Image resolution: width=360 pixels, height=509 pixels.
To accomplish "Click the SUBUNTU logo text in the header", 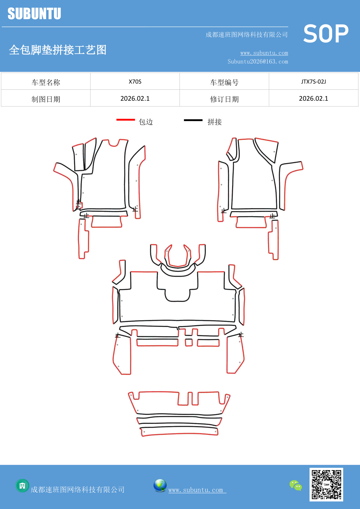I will (34, 14).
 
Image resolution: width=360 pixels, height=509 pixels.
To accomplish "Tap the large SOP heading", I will (326, 34).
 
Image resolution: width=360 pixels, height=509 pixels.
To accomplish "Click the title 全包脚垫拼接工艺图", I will (58, 50).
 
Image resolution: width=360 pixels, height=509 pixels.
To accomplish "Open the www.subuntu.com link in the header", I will (264, 53).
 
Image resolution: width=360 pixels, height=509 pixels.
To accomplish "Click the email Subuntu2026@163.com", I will (258, 62).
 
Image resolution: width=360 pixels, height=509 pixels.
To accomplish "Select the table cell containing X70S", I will (135, 82).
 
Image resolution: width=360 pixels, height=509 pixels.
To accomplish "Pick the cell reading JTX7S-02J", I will (313, 82).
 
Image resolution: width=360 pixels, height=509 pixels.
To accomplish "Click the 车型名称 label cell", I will (46, 82).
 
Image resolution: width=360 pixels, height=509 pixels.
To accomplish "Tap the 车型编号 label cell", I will (224, 82).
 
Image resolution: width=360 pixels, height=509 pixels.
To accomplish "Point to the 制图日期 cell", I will (46, 99).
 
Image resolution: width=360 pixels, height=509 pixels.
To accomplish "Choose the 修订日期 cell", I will (224, 99).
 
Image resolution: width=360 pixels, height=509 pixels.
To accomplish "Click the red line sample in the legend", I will (126, 120).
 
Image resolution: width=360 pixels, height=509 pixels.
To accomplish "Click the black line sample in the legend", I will (193, 120).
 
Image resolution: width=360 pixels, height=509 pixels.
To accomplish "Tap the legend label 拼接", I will (215, 122).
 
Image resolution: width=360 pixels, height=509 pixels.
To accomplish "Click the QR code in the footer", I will (326, 484).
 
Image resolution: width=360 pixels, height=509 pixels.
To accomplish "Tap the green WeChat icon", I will (296, 485).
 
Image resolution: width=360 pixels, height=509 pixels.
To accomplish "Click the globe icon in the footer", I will (160, 485).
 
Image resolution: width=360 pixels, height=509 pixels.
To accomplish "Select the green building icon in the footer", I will (22, 485).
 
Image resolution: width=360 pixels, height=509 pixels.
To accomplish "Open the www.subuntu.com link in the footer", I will (196, 490).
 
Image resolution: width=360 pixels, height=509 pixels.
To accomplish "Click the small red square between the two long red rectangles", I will (189, 342).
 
